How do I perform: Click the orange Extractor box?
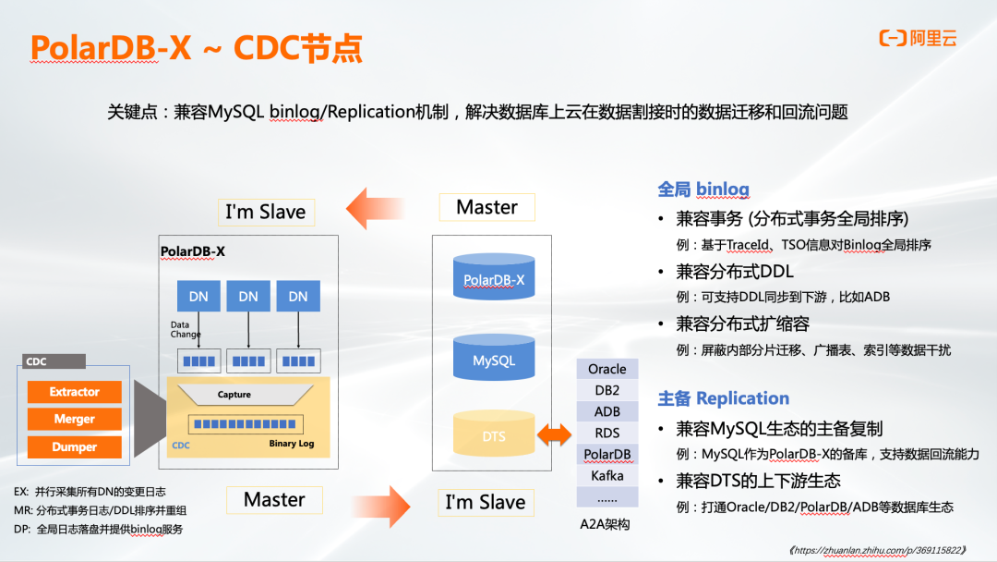click(x=74, y=392)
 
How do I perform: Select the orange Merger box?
click(x=74, y=420)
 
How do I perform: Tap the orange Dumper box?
click(x=74, y=447)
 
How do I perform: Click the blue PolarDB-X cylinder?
click(x=494, y=276)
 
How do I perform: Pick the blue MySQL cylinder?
click(x=494, y=358)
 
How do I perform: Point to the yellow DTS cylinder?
click(x=494, y=434)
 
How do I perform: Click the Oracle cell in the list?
click(x=607, y=369)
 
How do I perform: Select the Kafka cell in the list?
click(x=607, y=476)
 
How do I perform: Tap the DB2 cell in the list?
click(x=607, y=390)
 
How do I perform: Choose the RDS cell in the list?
click(x=607, y=433)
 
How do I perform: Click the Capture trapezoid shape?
click(x=234, y=395)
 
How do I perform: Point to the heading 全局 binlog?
click(x=703, y=189)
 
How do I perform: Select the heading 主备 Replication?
click(x=723, y=398)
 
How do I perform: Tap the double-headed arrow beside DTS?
click(x=555, y=434)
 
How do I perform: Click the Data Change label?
click(x=185, y=329)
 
